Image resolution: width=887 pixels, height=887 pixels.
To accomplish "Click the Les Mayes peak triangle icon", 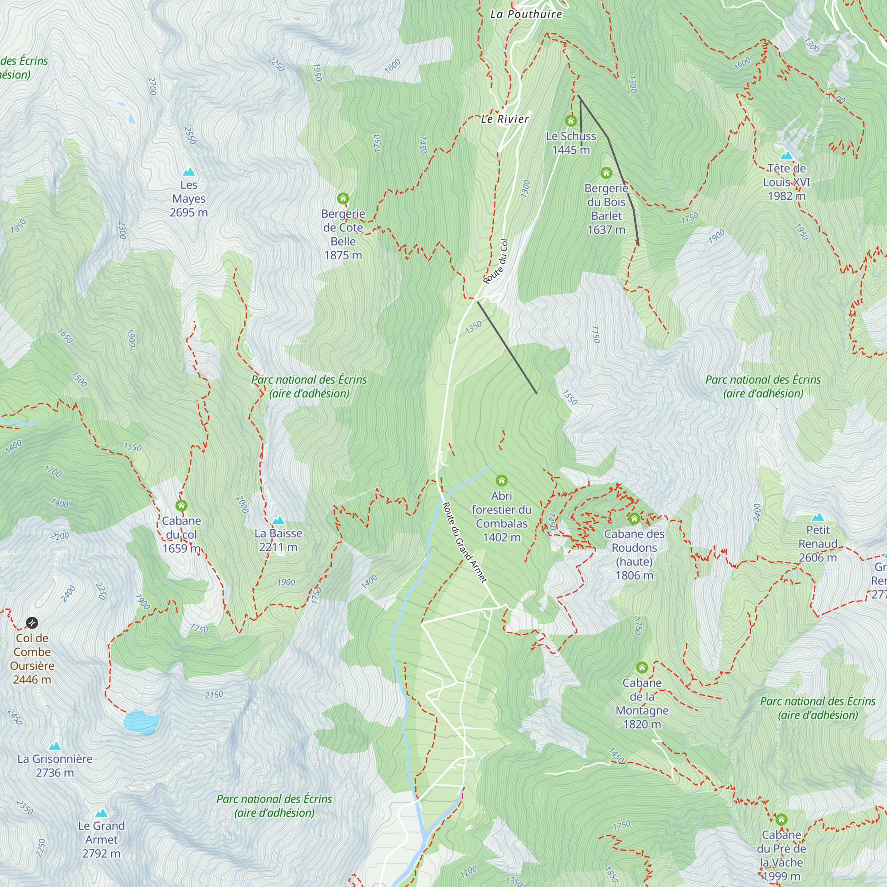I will point(188,172).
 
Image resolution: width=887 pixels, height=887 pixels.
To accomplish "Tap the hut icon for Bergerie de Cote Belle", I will point(343,198).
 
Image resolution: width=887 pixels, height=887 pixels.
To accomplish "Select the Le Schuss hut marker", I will point(571,121).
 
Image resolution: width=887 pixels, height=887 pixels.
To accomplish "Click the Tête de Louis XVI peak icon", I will point(786,156).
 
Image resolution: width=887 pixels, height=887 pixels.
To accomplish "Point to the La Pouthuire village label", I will point(526,14).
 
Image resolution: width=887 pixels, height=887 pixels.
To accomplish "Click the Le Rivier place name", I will point(505,119).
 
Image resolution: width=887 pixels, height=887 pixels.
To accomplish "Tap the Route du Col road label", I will point(496,261).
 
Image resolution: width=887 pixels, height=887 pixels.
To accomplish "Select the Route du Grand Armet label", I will point(464,542).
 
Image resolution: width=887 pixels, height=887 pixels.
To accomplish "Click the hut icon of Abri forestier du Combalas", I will point(501,481).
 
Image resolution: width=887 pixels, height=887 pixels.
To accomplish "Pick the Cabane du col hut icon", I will point(181,506).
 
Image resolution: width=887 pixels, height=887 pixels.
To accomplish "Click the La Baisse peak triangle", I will point(278,521).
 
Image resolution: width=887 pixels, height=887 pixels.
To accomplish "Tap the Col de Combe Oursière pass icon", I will point(31,623).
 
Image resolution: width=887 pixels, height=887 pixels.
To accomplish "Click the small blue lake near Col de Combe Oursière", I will point(141,722).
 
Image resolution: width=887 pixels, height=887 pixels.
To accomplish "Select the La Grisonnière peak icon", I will point(55,746).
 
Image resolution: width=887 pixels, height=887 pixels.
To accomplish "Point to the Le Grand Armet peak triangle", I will point(102,813).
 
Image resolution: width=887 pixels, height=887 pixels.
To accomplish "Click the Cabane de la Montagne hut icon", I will point(642,667).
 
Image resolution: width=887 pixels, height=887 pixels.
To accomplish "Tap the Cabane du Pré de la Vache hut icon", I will point(781,820).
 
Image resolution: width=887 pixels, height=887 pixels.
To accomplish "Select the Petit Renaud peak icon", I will point(818,518).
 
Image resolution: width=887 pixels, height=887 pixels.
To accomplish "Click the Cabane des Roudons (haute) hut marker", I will point(634,519).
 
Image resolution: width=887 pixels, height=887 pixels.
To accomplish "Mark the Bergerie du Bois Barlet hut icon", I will point(606,173).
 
